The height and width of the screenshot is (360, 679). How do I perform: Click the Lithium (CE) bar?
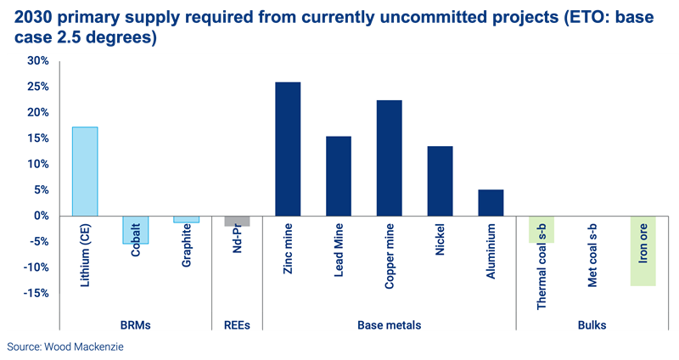(85, 171)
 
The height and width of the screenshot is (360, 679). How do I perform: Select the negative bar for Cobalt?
(136, 230)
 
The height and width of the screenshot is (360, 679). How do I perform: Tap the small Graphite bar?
(186, 219)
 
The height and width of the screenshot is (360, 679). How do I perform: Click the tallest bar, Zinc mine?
(288, 149)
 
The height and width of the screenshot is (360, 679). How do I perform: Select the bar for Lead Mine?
(339, 176)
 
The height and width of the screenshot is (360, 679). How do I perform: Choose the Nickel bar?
(440, 181)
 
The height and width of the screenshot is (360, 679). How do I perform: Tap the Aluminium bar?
(491, 202)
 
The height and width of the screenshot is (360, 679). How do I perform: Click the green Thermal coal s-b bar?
(542, 229)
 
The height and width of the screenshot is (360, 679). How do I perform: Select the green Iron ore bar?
(643, 250)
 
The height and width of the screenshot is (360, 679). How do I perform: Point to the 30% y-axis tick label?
(38, 61)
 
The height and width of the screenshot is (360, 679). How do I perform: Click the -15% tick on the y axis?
(36, 293)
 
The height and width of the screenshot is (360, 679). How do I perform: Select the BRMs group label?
(136, 324)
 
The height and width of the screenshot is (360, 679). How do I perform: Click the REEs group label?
(237, 324)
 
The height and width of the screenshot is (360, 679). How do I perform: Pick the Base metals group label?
(389, 324)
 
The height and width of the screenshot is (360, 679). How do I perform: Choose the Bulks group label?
(592, 324)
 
